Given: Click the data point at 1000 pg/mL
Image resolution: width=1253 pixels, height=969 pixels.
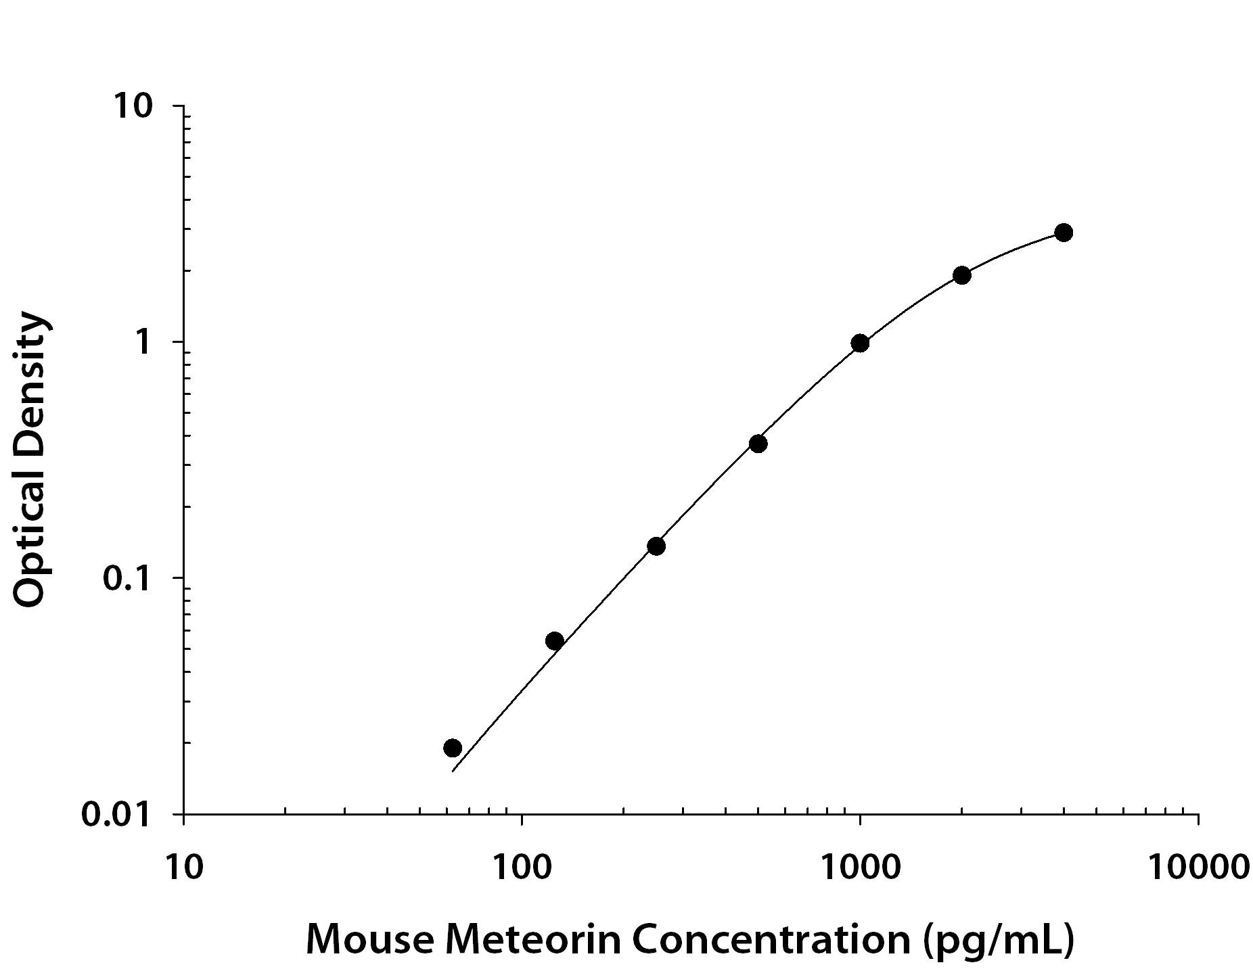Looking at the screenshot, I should (860, 343).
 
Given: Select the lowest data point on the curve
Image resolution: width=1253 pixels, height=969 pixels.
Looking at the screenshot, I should (453, 747).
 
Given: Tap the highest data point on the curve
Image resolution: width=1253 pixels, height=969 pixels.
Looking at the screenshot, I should (1064, 233).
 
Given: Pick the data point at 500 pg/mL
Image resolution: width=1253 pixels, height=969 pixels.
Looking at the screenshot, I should (758, 444).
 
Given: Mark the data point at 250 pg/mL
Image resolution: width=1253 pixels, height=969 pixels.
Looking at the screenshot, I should (656, 546).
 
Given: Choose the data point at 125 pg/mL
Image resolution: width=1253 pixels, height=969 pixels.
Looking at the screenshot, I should (554, 640).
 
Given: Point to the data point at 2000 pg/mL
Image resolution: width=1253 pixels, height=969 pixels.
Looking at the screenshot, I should (962, 275).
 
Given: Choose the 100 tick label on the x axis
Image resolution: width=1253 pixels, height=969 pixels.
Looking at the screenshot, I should (521, 866).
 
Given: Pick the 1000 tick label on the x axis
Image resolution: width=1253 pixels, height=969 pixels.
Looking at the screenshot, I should (860, 866).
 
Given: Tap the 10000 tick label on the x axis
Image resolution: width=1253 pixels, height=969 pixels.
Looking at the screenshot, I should (1198, 866).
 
